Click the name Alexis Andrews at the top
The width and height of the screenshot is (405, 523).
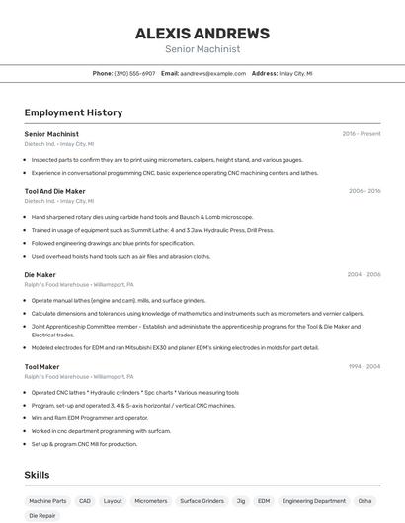pos(202,33)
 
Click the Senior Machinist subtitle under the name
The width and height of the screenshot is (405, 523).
pos(202,48)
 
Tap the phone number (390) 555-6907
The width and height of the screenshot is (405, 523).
pos(134,73)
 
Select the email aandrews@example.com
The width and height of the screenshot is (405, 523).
pos(212,73)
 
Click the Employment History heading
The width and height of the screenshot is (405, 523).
pos(73,112)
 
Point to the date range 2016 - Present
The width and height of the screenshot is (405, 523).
pos(362,133)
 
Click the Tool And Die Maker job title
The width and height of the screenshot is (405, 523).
pos(54,191)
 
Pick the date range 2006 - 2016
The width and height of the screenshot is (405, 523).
pos(364,191)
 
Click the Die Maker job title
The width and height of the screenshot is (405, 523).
pos(40,275)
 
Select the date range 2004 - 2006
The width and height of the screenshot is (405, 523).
pos(364,275)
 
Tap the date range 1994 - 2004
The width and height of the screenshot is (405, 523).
pos(364,367)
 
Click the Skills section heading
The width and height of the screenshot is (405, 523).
pos(38,475)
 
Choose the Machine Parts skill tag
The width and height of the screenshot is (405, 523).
pos(47,501)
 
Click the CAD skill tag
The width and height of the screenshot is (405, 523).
pos(85,501)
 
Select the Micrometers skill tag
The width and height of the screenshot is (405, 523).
pos(151,501)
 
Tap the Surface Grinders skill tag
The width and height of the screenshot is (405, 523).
pos(202,501)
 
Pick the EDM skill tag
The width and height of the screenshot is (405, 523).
pos(264,501)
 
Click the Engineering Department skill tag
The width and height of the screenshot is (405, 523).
pos(314,501)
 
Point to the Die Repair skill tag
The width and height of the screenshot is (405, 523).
pos(42,516)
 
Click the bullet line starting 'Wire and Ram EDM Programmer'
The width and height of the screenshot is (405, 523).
pos(89,417)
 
